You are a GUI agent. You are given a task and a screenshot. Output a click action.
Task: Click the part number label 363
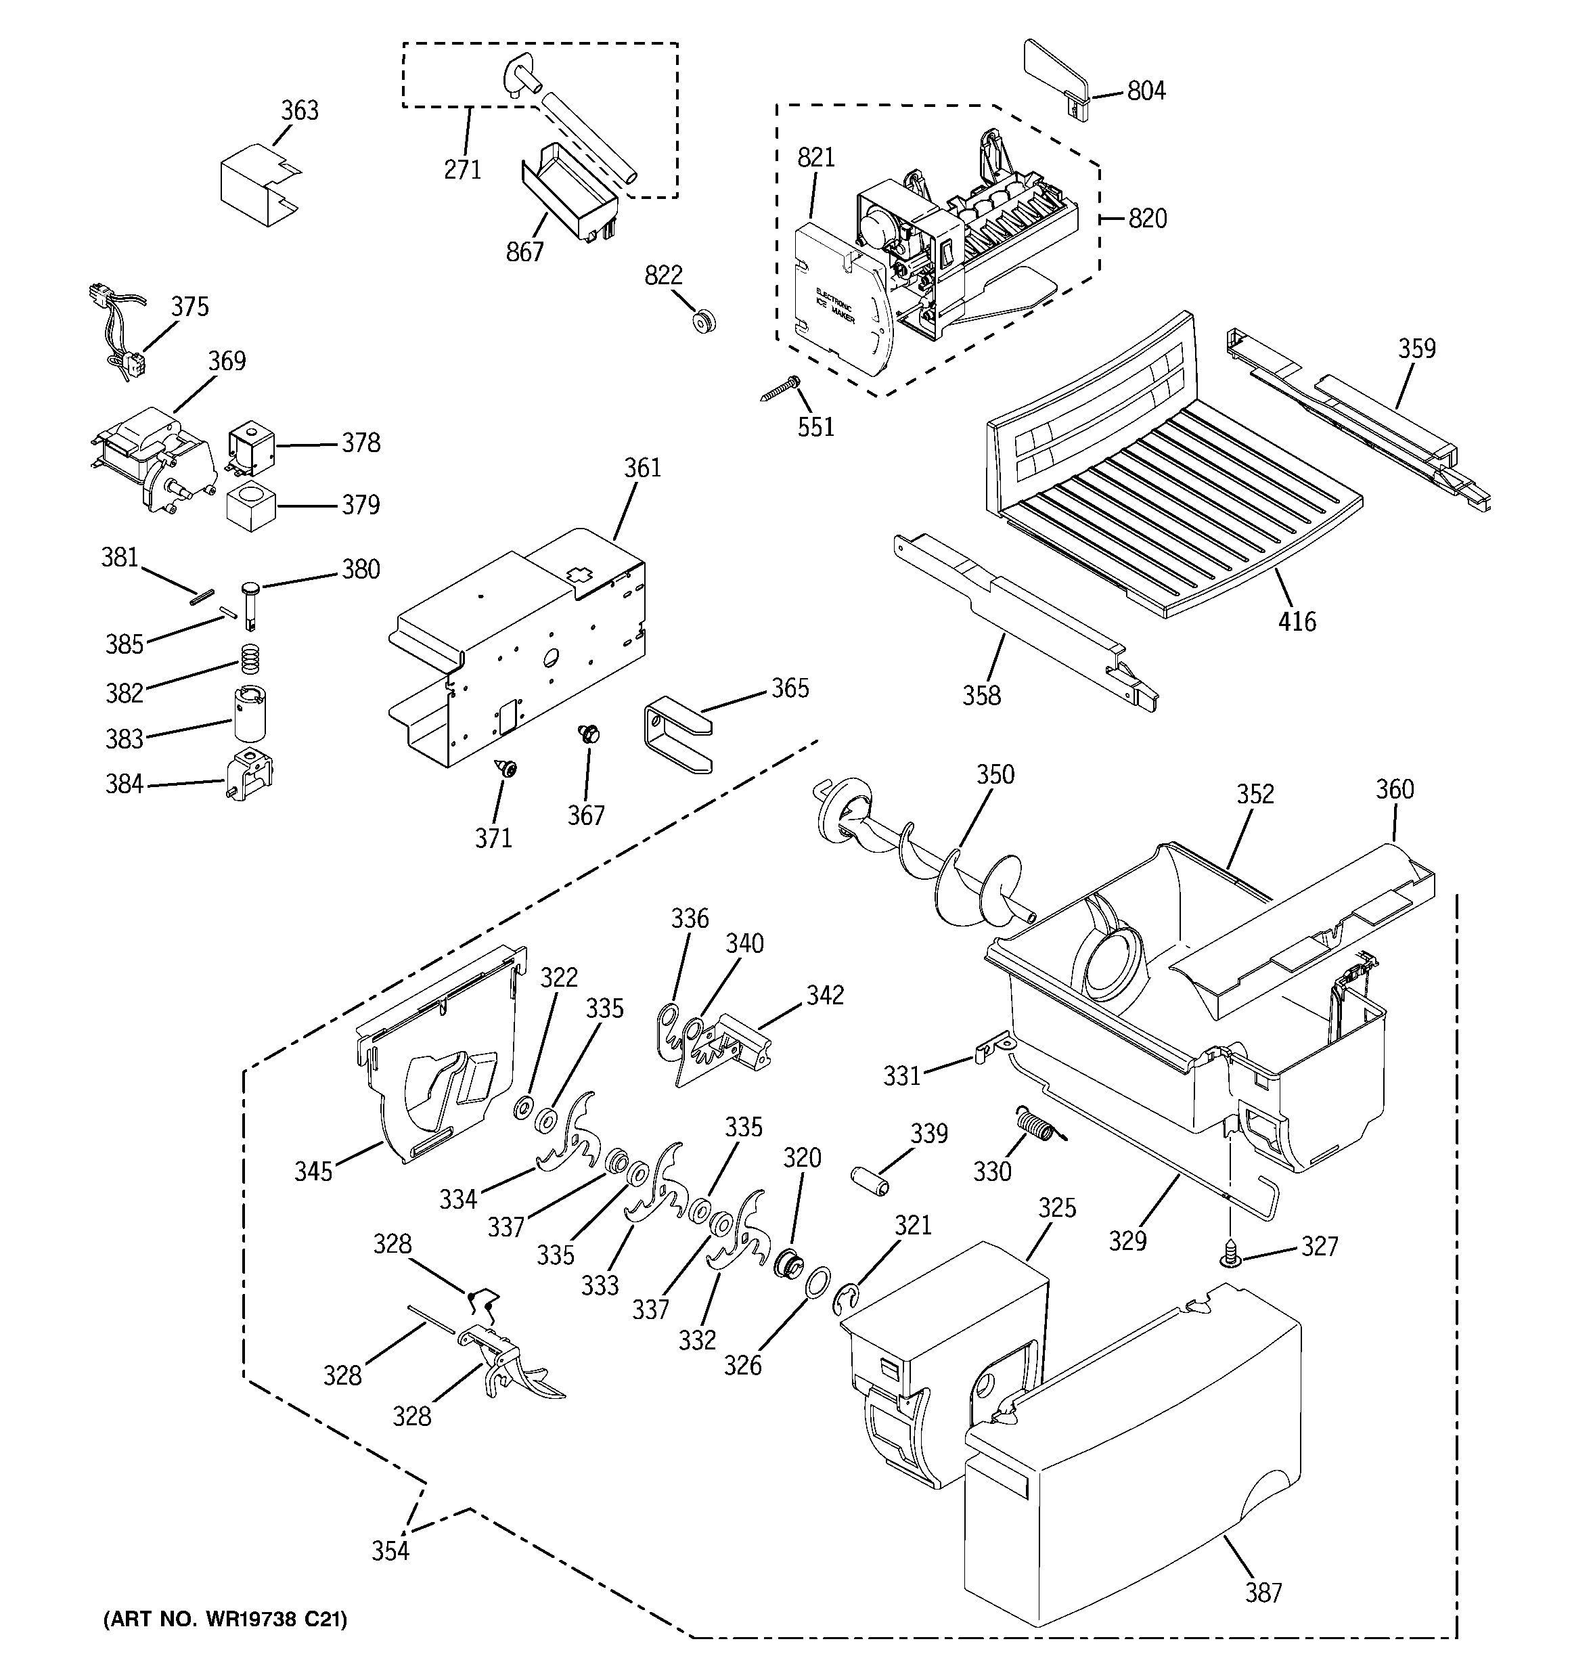pyautogui.click(x=299, y=110)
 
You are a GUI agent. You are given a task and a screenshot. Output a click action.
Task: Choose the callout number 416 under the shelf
pyautogui.click(x=1296, y=622)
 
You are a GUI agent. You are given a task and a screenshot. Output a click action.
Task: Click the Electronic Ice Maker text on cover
pyautogui.click(x=834, y=307)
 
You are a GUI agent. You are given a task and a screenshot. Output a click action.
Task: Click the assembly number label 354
pyautogui.click(x=390, y=1550)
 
